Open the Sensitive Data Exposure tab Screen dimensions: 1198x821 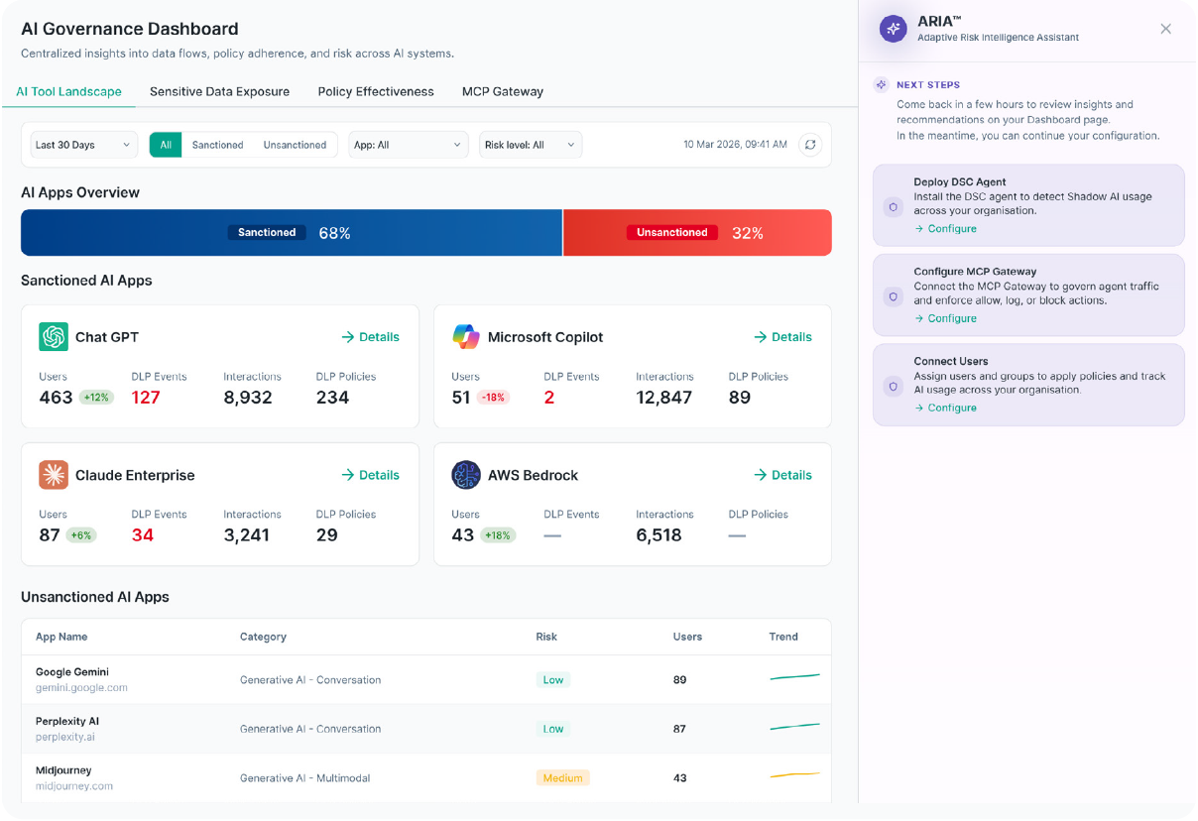point(219,91)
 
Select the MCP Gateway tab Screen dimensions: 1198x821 point(502,91)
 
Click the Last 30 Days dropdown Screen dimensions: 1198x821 point(83,145)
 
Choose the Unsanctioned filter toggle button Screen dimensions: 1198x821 point(295,145)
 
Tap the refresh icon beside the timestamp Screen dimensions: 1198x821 point(810,145)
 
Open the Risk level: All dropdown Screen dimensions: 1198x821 point(530,145)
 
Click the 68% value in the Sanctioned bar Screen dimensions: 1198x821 point(334,233)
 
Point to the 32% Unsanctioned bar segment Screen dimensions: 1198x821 point(697,233)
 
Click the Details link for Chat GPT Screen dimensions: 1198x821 point(370,337)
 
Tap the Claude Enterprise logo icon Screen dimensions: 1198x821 point(54,474)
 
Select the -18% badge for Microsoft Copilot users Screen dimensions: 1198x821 point(493,398)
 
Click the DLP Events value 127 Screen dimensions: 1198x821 point(146,398)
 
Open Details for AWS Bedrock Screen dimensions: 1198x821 point(783,475)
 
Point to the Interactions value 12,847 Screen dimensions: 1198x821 point(663,398)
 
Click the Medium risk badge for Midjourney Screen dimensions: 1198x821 point(562,777)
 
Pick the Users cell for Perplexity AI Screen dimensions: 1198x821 point(679,729)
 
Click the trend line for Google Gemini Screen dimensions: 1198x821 point(794,676)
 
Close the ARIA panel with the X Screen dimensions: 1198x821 point(1166,29)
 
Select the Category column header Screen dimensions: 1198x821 point(263,637)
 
